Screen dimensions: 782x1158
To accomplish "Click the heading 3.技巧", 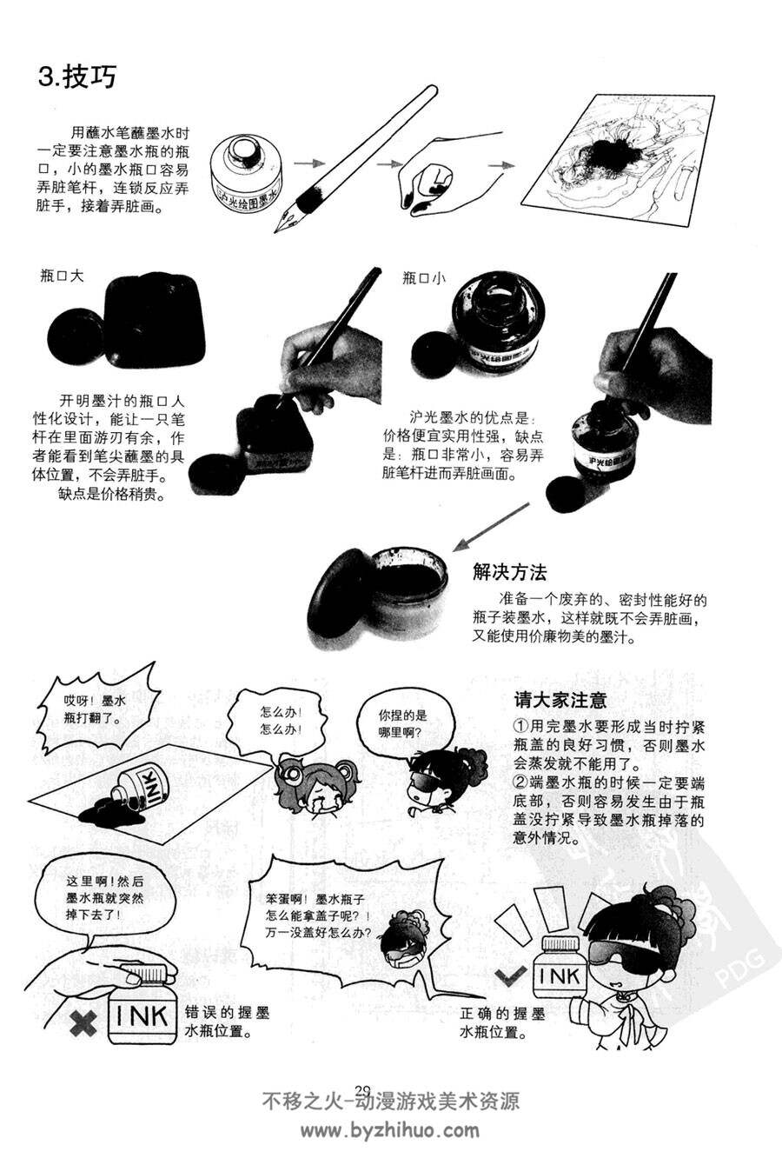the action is [77, 77].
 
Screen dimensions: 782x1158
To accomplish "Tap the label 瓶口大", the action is [62, 276].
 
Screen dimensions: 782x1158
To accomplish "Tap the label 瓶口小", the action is [423, 278].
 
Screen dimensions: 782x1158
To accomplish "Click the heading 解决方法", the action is [509, 572].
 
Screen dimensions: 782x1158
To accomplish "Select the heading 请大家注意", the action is [560, 700].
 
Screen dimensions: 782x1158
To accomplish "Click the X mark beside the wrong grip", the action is [83, 1024].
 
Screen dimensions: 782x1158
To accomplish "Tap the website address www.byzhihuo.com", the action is [390, 1130].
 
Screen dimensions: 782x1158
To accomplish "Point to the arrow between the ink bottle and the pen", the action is [310, 163].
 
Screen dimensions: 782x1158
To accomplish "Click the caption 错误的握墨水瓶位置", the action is [227, 1022].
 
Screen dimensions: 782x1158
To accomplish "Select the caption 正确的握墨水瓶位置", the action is [502, 1022].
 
